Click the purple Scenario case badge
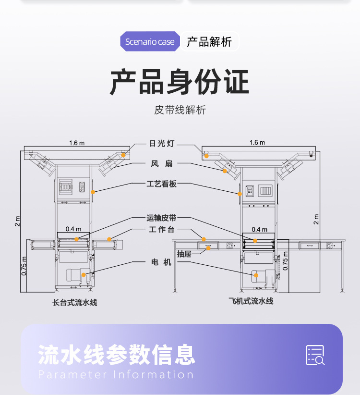(150, 42)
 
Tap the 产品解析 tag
(209, 42)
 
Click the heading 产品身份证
(180, 82)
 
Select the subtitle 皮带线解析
(180, 110)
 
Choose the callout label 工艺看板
(162, 184)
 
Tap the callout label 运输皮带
(161, 218)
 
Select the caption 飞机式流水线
(251, 301)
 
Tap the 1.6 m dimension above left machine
(76, 143)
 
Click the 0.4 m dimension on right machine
(259, 229)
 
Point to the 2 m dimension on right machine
(316, 219)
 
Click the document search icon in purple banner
(315, 355)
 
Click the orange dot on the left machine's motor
(84, 275)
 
